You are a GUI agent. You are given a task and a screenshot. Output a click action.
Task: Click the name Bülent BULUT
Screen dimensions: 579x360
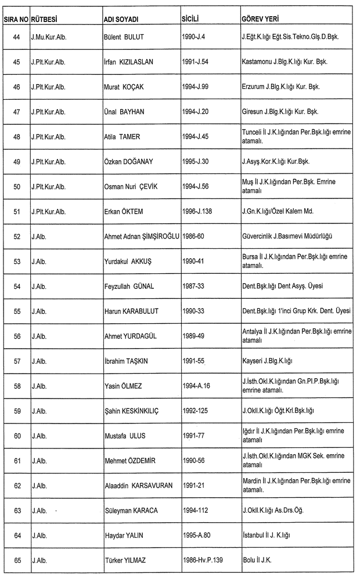[x=124, y=37]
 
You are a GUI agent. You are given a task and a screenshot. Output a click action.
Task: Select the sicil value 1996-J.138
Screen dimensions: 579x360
[x=197, y=211]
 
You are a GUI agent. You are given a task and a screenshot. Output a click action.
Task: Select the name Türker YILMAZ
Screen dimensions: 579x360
[x=128, y=560]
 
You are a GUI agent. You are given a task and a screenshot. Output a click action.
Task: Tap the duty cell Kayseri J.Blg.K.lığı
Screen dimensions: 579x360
[x=268, y=361]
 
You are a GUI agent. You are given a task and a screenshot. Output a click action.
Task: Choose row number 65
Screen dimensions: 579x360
[x=16, y=560]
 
